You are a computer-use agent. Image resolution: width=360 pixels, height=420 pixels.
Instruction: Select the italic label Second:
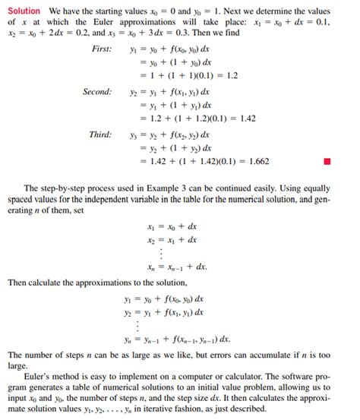[x=97, y=92]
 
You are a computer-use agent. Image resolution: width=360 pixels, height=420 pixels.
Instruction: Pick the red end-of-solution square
[x=327, y=161]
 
